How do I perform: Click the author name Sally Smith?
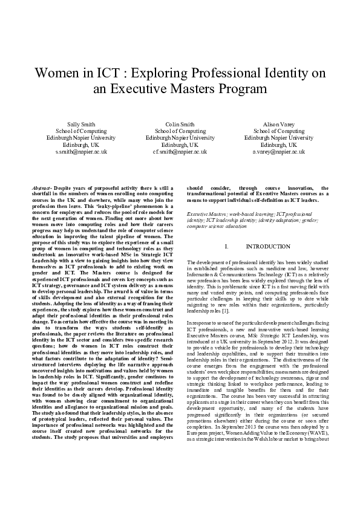coord(80,124)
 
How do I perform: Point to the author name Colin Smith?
coord(180,124)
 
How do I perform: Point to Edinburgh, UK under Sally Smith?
coord(80,145)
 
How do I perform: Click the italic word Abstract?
coord(41,188)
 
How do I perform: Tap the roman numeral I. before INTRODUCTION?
coord(226,247)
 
